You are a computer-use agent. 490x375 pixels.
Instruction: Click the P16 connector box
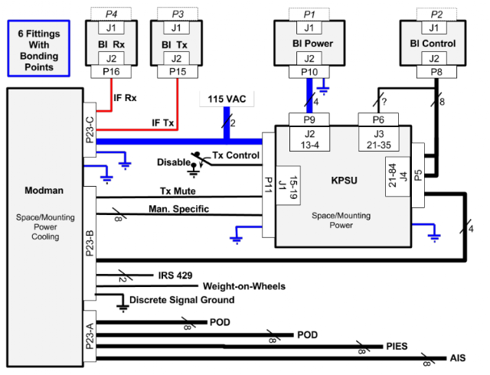tap(111, 72)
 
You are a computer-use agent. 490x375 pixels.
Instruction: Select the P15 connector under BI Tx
tap(178, 72)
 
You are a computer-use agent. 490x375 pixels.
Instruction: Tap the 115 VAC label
tap(227, 99)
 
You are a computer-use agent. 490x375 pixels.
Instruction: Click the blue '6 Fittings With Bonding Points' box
tap(39, 48)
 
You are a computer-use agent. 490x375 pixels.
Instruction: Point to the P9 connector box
tap(309, 119)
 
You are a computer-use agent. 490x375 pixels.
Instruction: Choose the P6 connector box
tap(378, 119)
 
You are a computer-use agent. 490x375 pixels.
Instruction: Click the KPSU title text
tap(344, 181)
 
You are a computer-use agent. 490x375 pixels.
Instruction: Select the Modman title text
tap(44, 191)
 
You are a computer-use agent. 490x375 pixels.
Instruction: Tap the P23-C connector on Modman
tap(90, 129)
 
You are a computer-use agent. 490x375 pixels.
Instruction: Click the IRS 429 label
tap(175, 276)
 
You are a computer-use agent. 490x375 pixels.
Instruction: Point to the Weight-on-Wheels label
tap(244, 286)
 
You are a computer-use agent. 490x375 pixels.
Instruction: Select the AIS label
tap(458, 358)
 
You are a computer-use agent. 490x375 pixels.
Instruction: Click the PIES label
tap(397, 346)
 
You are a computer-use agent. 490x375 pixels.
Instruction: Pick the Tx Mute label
tap(178, 191)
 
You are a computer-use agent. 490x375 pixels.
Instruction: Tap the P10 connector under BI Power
tap(309, 72)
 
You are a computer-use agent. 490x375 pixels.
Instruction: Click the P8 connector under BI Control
tap(436, 72)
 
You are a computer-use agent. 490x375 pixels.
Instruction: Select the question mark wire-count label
tap(384, 101)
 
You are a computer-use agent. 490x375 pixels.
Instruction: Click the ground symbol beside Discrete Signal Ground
tap(123, 307)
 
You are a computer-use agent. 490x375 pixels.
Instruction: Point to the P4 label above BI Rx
tap(111, 14)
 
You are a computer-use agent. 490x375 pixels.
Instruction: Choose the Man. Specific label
tap(178, 209)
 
